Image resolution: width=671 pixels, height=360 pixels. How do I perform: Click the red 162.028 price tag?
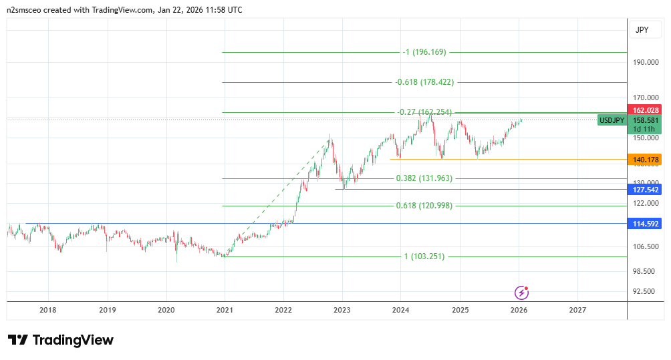tap(646, 110)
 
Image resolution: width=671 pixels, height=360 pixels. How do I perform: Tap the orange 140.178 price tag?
tap(646, 160)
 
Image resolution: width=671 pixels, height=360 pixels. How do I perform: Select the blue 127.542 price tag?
tap(646, 189)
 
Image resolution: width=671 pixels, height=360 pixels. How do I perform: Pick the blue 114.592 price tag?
tap(646, 224)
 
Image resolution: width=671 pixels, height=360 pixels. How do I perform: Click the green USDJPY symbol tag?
tap(612, 120)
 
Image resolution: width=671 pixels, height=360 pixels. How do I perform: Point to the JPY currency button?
tap(642, 30)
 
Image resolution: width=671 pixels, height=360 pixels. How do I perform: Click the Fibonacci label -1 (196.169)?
tap(424, 52)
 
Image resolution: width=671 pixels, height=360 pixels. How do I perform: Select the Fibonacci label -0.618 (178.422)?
tap(424, 82)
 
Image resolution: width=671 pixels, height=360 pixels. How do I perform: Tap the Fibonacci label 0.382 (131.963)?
tap(424, 178)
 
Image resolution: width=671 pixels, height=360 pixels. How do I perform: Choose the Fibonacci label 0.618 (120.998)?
tap(424, 206)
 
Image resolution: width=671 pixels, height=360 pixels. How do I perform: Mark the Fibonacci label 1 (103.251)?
tap(424, 256)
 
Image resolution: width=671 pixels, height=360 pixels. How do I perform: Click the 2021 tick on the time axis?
tap(225, 310)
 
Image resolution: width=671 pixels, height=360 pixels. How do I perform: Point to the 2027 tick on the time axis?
tap(577, 310)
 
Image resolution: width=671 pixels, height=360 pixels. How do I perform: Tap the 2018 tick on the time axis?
tap(47, 310)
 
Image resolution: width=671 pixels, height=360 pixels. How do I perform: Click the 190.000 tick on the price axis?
tap(646, 63)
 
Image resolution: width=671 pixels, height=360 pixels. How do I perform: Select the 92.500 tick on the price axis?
tap(646, 291)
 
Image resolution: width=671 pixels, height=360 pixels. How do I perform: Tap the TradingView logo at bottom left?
tap(61, 340)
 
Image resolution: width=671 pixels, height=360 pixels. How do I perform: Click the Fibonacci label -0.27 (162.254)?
tap(424, 112)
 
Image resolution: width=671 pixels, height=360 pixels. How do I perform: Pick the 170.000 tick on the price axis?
tap(646, 99)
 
